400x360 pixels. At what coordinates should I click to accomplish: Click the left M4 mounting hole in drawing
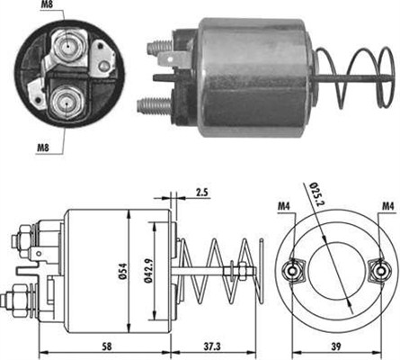tap(291, 268)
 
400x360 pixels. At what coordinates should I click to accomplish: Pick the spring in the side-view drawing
tap(225, 270)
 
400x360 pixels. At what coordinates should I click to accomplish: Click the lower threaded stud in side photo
tap(151, 105)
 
